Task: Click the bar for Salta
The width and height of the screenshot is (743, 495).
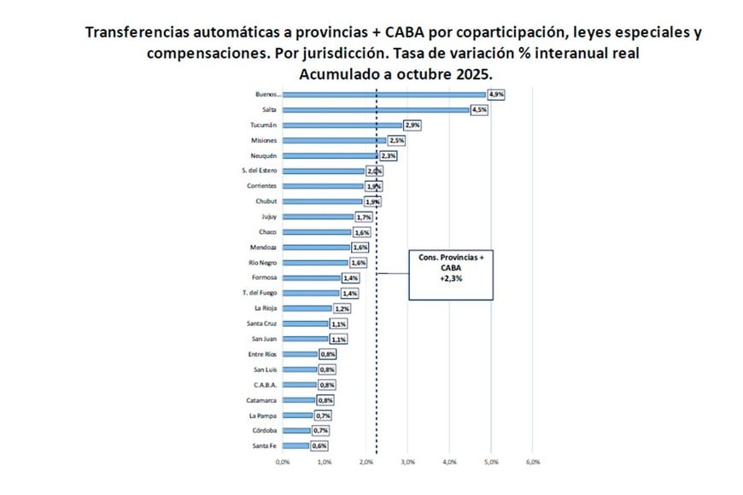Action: [376, 110]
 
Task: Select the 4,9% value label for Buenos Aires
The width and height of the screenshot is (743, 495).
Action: [497, 95]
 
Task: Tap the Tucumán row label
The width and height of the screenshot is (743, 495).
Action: [262, 125]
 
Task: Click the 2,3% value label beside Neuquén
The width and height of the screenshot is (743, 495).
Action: [388, 156]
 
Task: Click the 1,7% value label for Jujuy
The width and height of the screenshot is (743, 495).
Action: [364, 218]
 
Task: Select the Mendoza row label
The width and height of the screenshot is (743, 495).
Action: [262, 247]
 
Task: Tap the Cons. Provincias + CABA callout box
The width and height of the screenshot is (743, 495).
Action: [451, 275]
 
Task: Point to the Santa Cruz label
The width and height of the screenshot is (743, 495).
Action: [260, 324]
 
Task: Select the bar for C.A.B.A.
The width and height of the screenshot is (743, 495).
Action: [299, 385]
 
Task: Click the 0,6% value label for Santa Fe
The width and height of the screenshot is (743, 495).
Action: [319, 446]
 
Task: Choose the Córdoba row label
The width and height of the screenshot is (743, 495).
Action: [263, 431]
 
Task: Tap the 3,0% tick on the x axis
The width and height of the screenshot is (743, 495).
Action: [407, 462]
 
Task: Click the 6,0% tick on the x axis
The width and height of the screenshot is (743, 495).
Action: [532, 462]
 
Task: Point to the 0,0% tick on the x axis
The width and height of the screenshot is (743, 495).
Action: [283, 462]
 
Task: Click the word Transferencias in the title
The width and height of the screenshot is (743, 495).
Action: [143, 34]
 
